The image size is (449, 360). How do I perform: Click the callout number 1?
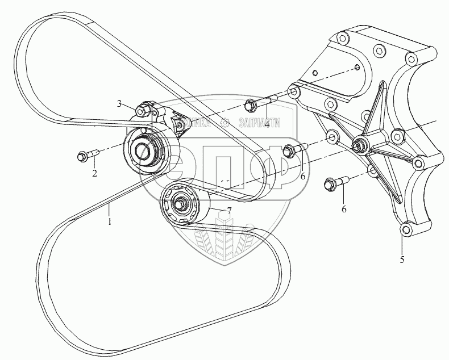(110, 217)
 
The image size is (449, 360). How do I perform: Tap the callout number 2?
(94, 174)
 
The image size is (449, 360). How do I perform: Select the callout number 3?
(120, 103)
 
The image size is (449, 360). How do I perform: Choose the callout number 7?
(229, 211)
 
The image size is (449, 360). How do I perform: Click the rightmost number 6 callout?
(344, 209)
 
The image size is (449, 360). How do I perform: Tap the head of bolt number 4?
(248, 106)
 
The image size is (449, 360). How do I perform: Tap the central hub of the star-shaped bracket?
(358, 146)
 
